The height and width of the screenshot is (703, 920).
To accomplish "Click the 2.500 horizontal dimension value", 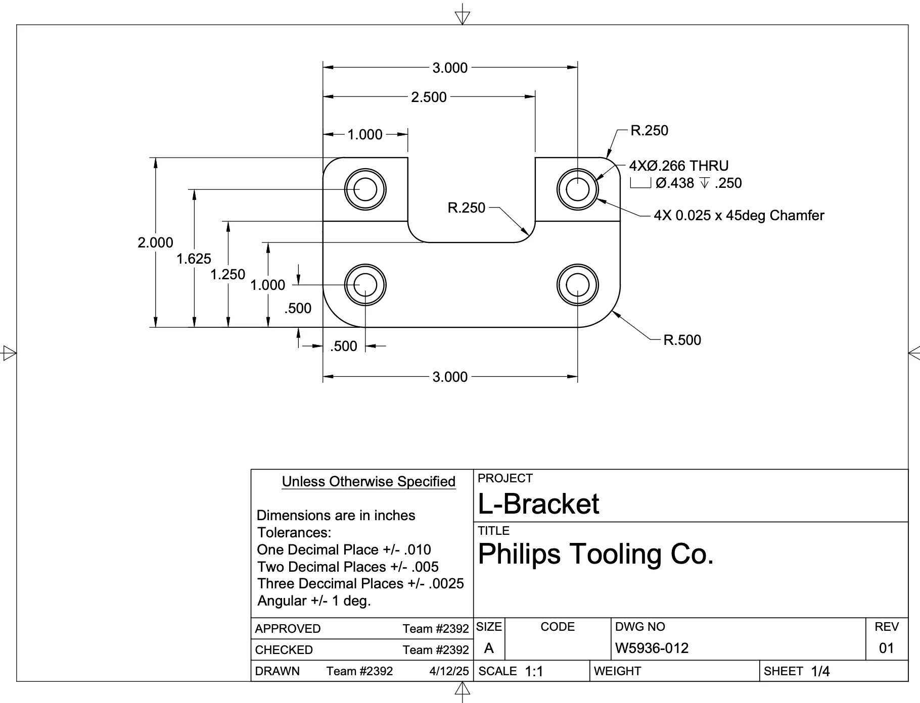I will point(429,97).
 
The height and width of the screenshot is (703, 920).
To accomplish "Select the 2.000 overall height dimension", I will point(155,242).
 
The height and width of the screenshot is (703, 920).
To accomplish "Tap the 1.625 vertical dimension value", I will point(194,259).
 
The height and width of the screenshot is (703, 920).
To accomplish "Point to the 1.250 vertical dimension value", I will point(227,275).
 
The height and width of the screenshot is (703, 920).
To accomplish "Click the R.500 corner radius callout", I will point(682,340).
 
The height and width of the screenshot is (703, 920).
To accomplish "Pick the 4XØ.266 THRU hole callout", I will point(678,166).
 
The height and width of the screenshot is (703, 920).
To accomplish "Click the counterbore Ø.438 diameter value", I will point(675,183).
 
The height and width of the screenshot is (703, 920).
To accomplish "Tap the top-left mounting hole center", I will point(365,189).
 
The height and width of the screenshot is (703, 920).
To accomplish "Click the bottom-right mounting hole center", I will point(577,285).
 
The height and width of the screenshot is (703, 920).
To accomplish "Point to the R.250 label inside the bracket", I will point(466,208).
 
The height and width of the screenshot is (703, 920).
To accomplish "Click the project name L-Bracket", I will point(538,504).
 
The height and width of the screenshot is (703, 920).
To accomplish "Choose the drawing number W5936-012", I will point(652,648).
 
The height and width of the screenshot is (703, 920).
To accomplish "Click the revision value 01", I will point(887,648).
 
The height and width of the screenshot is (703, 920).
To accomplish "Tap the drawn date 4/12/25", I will point(449,671).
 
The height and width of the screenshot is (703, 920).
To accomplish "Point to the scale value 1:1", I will point(534,671).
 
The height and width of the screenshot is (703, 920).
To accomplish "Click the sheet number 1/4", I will point(820,671).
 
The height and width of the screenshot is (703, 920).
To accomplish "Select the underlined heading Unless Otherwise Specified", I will point(369,482).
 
